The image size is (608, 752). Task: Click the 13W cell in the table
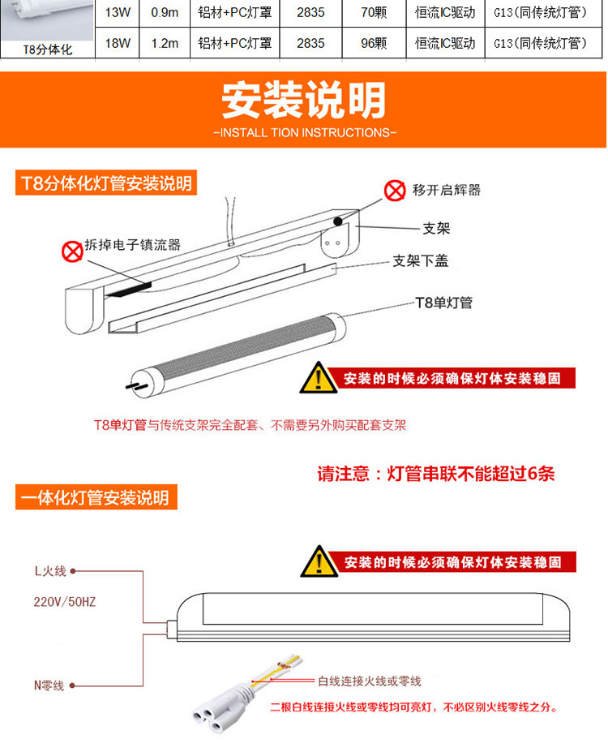point(118,12)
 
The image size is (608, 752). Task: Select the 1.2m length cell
point(165,43)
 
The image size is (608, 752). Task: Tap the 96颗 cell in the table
point(374,43)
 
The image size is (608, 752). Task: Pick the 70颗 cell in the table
point(374,12)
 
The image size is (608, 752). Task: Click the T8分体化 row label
point(48,49)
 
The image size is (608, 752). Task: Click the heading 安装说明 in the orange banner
point(304,100)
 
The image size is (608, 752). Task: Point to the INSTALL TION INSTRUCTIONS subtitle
point(305,132)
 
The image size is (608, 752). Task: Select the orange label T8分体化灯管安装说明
point(106,183)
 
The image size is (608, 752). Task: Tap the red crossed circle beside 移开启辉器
point(394,191)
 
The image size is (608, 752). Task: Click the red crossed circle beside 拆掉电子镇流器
point(72,251)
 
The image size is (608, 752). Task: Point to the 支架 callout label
point(436,228)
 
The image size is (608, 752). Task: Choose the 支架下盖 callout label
point(420,260)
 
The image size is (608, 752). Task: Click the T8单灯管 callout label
point(443,303)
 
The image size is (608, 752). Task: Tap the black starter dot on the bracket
point(338,221)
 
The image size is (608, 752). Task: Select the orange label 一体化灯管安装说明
point(96,497)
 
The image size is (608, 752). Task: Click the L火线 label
point(50,571)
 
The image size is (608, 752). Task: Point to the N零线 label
point(49,685)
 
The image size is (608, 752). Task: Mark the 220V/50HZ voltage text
point(65,601)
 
